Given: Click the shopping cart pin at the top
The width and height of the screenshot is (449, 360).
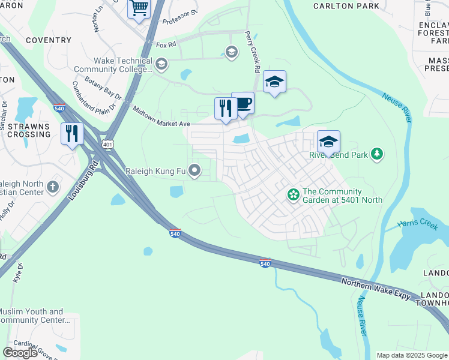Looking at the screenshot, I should click(139, 9).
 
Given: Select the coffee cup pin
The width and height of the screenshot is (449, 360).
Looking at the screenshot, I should click(243, 103).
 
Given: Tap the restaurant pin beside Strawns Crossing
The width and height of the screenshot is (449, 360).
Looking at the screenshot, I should click(72, 133).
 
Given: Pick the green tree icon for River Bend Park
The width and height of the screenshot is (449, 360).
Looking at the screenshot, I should click(377, 154).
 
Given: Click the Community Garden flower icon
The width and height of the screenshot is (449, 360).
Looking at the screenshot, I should click(293, 195).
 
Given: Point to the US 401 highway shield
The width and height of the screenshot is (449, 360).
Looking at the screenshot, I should click(107, 145).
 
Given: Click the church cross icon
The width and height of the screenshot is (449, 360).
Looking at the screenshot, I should click(53, 187).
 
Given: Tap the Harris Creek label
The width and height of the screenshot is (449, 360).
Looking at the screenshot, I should click(418, 224).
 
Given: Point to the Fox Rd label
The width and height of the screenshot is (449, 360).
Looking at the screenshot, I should click(165, 44).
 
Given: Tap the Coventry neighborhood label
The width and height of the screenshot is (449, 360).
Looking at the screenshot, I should click(49, 40).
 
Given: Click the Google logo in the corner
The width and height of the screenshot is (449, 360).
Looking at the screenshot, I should click(20, 353).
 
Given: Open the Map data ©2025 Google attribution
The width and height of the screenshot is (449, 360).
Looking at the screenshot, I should click(412, 355).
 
